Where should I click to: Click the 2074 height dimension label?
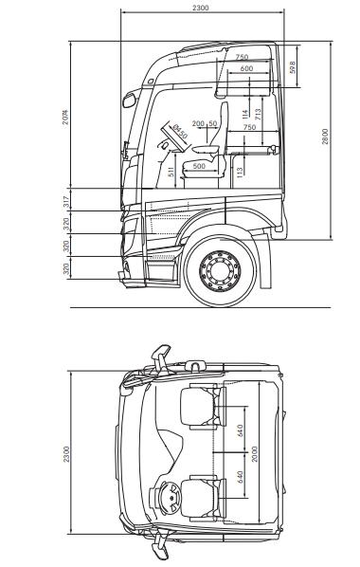click(65, 117)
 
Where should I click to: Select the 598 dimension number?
click(292, 67)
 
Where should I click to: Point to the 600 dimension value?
click(246, 69)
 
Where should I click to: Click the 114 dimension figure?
click(245, 114)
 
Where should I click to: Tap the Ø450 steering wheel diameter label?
click(179, 132)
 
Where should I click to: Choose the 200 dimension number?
click(198, 123)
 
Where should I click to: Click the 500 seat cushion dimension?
click(199, 166)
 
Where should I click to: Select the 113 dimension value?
click(240, 172)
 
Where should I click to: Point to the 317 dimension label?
click(65, 200)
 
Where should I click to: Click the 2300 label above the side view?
click(200, 8)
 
